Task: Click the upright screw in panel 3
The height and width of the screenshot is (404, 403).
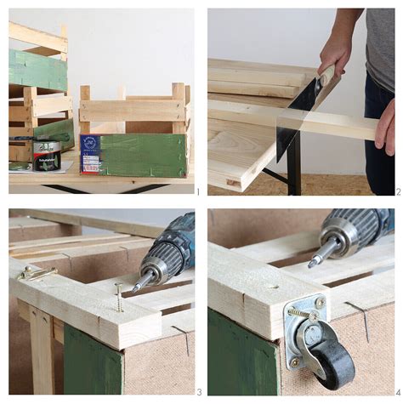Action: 118,298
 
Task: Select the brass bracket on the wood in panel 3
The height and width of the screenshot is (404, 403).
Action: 37,271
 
